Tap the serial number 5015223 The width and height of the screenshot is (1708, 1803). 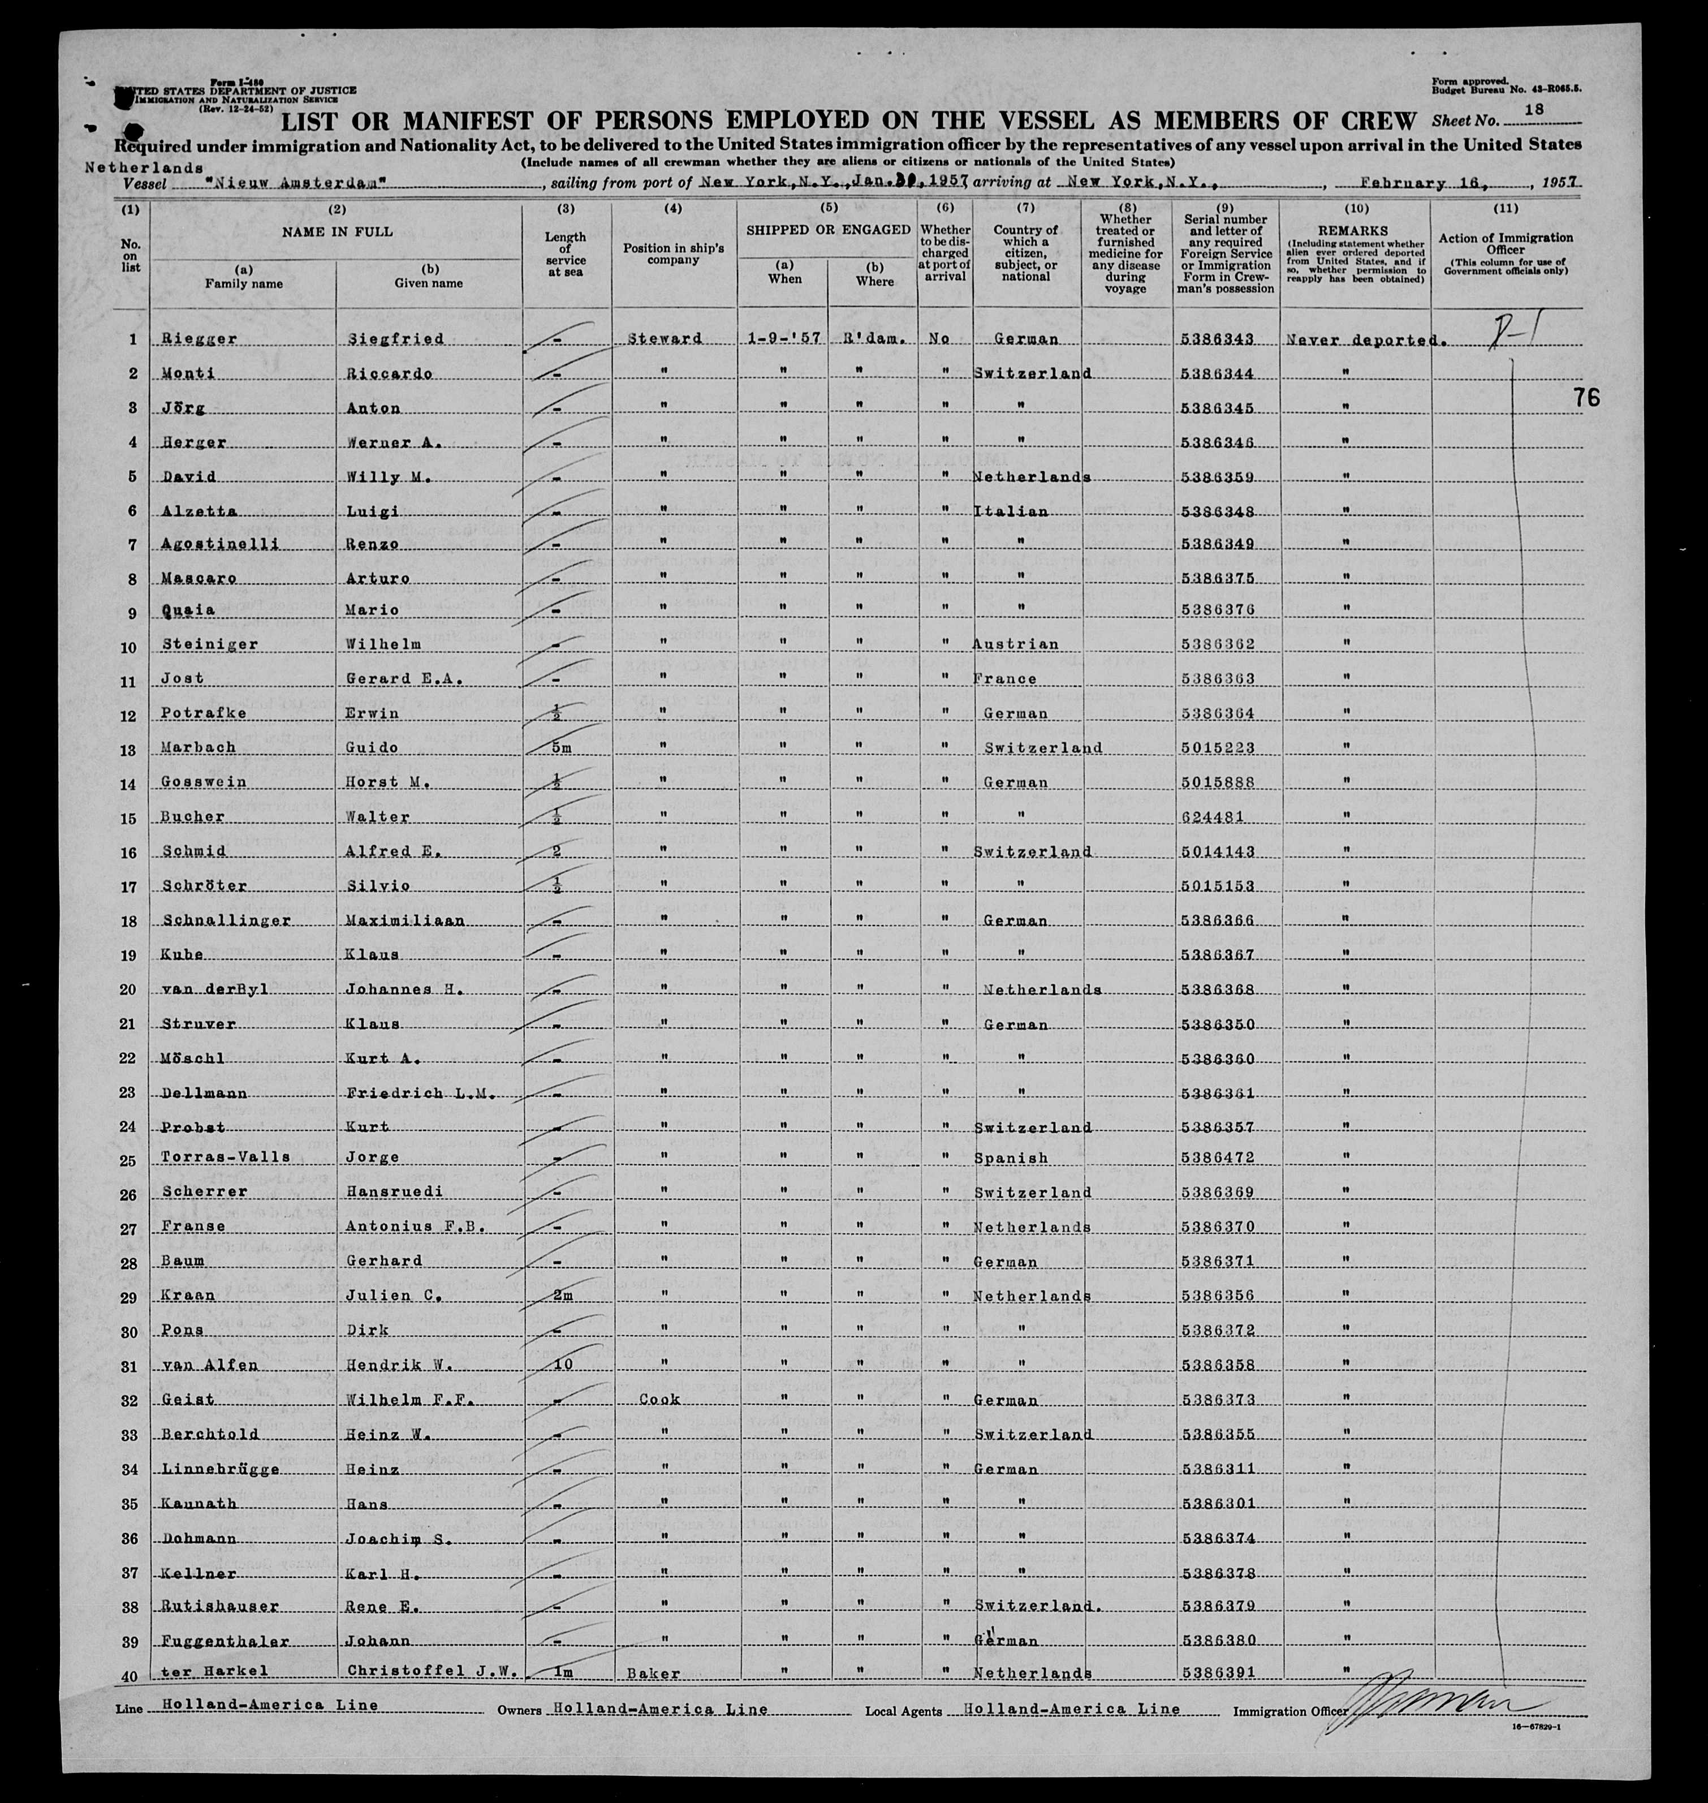click(x=1215, y=747)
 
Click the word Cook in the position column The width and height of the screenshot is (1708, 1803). click(x=659, y=1398)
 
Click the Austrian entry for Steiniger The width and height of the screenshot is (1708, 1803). click(x=1015, y=644)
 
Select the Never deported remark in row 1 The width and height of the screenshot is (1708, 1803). click(x=1363, y=339)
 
